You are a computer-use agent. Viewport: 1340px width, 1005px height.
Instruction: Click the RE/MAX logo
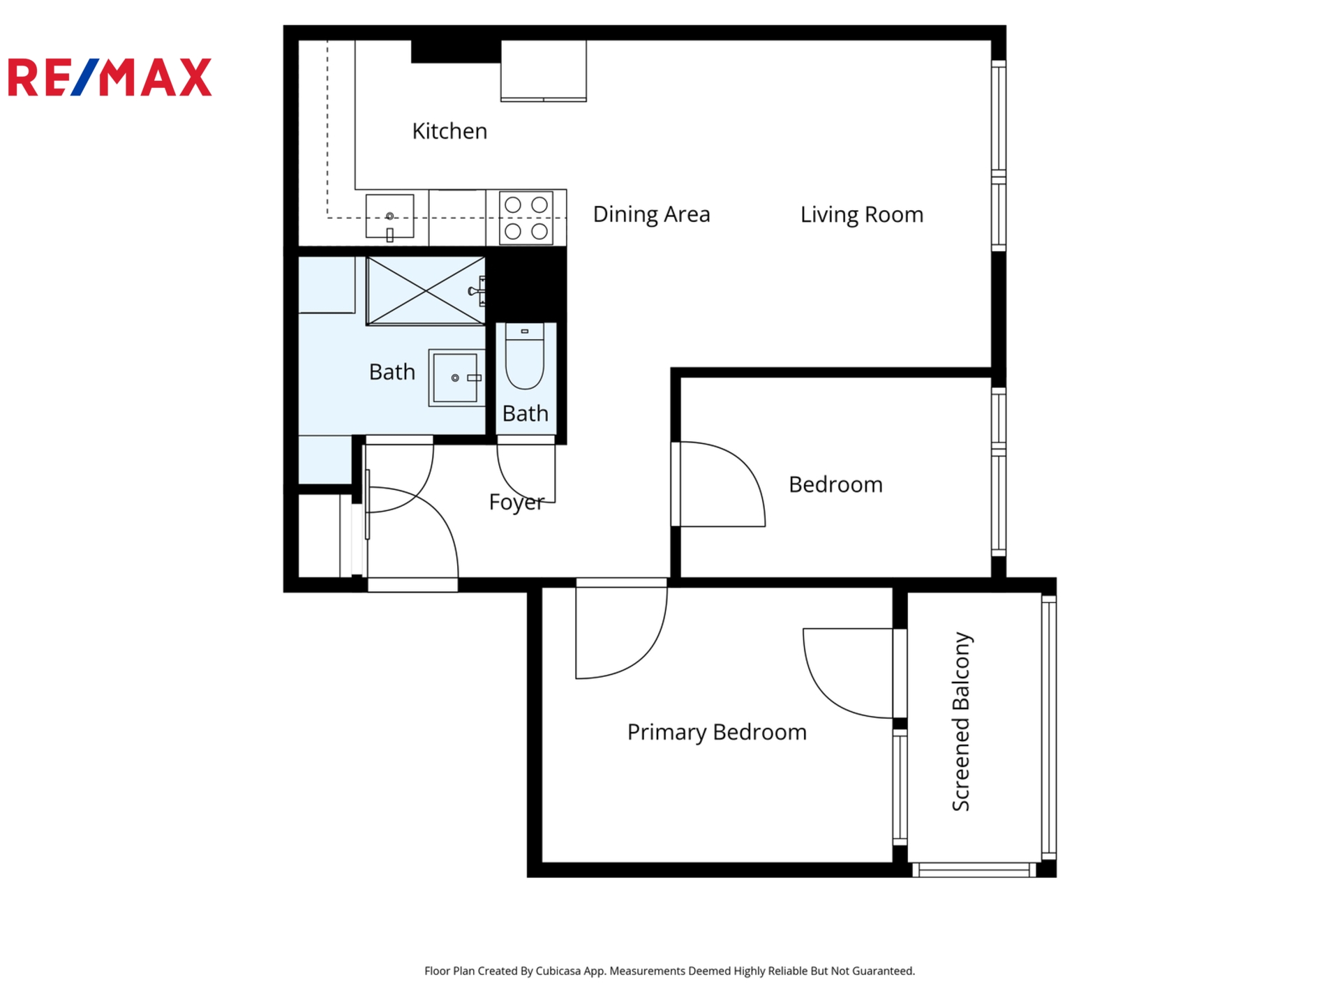click(x=110, y=77)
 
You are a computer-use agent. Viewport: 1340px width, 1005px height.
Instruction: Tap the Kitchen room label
click(x=449, y=131)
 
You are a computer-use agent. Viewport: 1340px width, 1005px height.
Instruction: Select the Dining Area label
click(x=651, y=214)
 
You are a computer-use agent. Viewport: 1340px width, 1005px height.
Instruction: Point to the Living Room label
click(x=862, y=214)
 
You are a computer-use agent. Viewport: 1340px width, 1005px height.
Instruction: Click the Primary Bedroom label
click(x=717, y=732)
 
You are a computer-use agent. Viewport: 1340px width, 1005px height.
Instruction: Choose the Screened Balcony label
click(x=961, y=722)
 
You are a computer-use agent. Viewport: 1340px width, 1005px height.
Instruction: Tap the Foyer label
click(x=516, y=502)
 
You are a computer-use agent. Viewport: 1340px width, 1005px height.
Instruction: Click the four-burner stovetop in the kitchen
click(x=526, y=218)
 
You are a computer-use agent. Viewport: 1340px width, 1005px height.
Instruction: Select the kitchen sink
click(x=389, y=216)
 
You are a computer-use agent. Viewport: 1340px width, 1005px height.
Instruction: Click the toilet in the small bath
click(x=525, y=356)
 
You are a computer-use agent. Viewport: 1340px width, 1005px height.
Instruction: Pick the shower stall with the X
click(x=425, y=290)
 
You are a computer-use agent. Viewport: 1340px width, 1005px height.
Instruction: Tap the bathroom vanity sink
click(x=456, y=378)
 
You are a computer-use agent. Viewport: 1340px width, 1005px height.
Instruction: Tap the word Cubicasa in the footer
click(x=558, y=971)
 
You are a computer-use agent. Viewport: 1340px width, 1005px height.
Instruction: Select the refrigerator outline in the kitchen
click(x=543, y=70)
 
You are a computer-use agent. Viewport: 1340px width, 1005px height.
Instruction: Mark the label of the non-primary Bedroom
click(x=835, y=484)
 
